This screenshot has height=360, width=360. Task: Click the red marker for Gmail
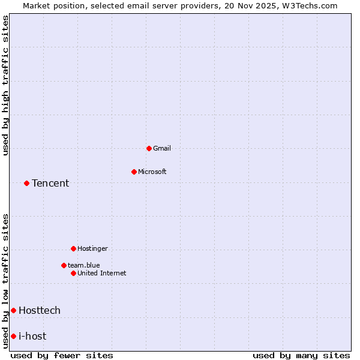(149, 148)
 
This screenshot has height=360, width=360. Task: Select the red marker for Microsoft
(134, 172)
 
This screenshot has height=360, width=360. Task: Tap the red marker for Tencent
(26, 183)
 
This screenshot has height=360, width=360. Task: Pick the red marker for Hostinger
(73, 248)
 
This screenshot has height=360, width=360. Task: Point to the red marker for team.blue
(64, 265)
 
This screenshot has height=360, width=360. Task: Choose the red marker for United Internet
(73, 273)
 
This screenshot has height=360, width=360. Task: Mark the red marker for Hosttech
(13, 310)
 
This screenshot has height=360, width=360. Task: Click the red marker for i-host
(13, 336)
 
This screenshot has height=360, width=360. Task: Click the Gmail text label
(162, 148)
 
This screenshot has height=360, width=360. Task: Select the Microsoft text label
(152, 172)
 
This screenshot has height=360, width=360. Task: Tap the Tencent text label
(50, 183)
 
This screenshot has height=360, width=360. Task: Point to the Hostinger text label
(92, 248)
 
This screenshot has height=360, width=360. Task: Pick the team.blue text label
(84, 265)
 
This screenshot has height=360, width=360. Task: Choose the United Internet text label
(102, 273)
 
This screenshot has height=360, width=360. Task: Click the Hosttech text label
(40, 310)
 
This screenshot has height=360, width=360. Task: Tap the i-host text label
(32, 336)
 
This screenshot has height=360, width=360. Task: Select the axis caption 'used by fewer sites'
(62, 355)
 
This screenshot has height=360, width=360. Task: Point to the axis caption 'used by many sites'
(301, 355)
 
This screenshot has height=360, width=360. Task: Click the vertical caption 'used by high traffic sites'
(5, 85)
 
